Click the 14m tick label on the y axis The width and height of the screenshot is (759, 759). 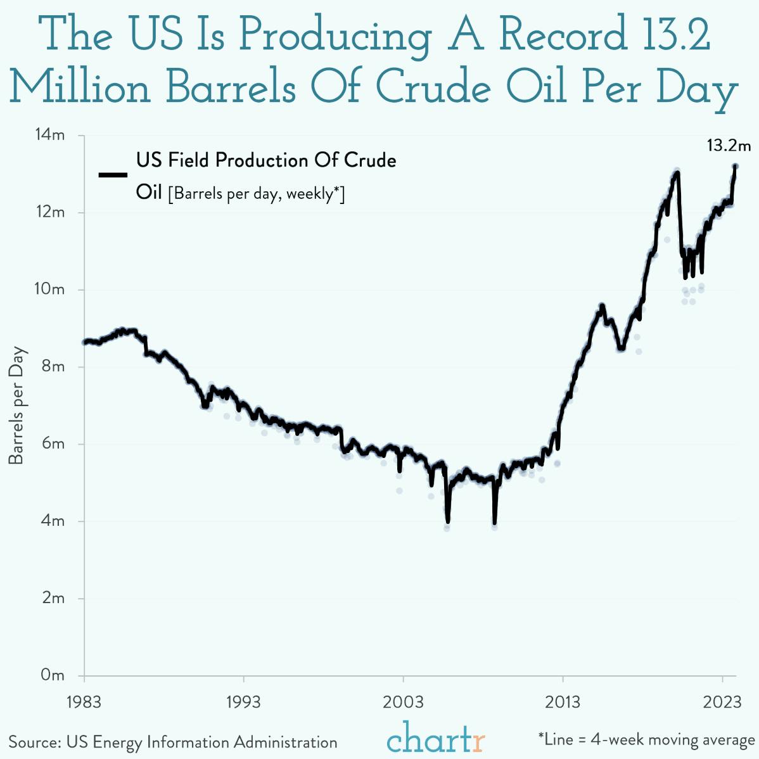click(x=49, y=135)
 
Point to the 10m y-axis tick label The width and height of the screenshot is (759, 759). click(x=49, y=290)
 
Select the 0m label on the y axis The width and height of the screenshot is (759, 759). click(x=52, y=675)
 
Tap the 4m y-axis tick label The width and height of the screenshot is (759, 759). click(x=53, y=521)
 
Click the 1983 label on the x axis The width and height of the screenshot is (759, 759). click(x=84, y=702)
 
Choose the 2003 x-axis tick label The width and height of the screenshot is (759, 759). click(x=403, y=702)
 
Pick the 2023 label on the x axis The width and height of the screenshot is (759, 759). click(x=723, y=702)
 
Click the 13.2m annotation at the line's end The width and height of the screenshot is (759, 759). click(x=729, y=146)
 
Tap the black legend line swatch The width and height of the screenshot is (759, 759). click(x=113, y=175)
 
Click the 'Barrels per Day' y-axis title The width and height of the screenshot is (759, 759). click(x=16, y=405)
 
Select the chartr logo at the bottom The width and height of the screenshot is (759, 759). click(x=436, y=739)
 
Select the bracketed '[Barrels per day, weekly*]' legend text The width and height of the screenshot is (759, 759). click(x=256, y=193)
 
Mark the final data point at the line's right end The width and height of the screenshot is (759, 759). click(x=736, y=166)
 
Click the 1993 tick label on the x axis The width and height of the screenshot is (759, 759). click(x=243, y=702)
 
